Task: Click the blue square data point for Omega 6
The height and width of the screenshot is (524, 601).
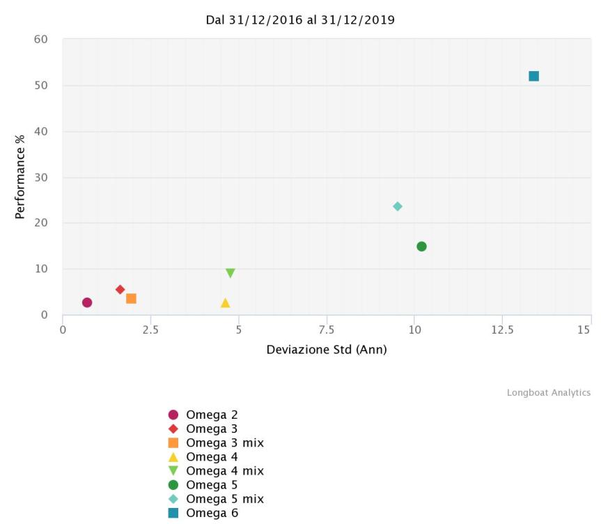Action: [x=533, y=76]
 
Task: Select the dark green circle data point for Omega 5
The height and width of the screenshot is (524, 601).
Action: [x=421, y=247]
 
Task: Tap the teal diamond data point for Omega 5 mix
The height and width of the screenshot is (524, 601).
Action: [x=398, y=206]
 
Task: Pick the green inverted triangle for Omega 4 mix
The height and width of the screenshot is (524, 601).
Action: [x=231, y=273]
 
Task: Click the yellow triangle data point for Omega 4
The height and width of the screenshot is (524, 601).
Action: [x=225, y=303]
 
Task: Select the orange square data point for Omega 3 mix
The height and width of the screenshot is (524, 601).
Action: [x=131, y=299]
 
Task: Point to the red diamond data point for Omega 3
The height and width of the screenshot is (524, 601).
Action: [x=120, y=290]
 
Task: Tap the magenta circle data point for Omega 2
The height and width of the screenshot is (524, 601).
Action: [x=87, y=302]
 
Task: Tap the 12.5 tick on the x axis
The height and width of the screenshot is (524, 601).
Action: [x=502, y=329]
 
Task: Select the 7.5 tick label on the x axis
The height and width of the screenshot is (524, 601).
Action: [x=327, y=329]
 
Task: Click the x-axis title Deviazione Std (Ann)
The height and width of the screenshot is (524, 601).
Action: [x=327, y=349]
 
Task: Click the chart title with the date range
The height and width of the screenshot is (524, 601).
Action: [x=300, y=20]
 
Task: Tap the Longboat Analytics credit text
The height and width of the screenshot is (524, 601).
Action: [x=548, y=393]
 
